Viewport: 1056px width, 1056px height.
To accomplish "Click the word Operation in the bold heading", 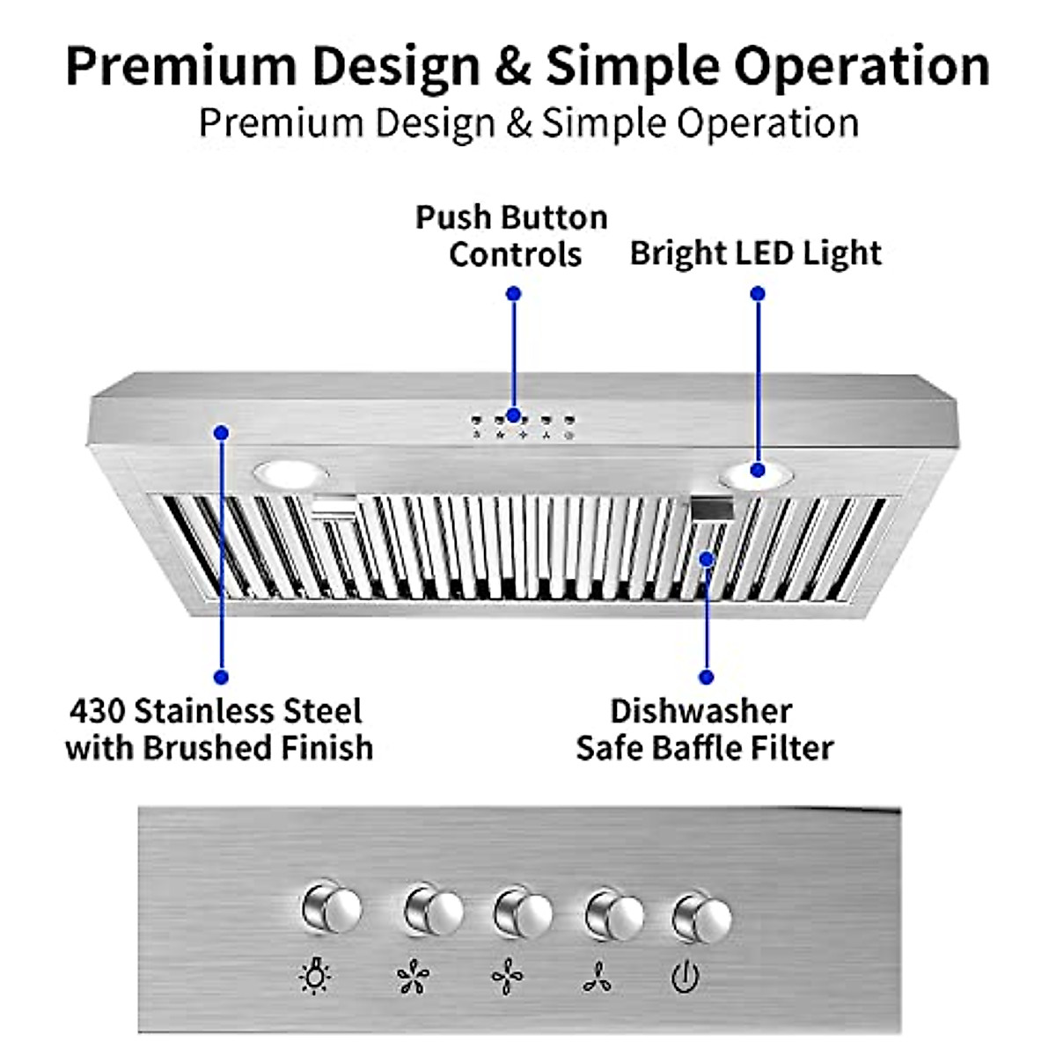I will pos(862,66).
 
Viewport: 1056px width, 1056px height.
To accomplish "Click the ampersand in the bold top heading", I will pos(512,66).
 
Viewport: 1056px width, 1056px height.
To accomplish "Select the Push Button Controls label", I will pos(512,235).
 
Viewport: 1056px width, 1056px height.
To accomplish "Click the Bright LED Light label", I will pos(755,253).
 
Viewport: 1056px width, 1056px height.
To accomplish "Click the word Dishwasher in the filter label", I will pos(701,710).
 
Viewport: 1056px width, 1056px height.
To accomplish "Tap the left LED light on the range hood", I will pos(288,474).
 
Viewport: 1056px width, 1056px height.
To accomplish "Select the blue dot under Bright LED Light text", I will pos(758,293).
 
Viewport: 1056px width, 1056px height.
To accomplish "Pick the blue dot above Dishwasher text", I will pos(706,677).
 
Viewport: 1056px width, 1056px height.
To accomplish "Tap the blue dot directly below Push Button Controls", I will pos(514,293).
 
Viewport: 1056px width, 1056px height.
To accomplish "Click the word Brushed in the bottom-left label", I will pos(207,748).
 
